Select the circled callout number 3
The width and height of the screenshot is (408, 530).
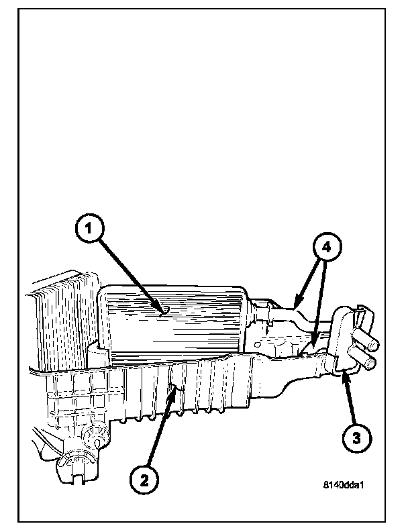356,439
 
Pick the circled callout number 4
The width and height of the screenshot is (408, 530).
325,248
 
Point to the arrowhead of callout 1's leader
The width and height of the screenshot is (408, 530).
163,311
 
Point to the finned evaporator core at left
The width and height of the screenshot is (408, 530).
57,322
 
